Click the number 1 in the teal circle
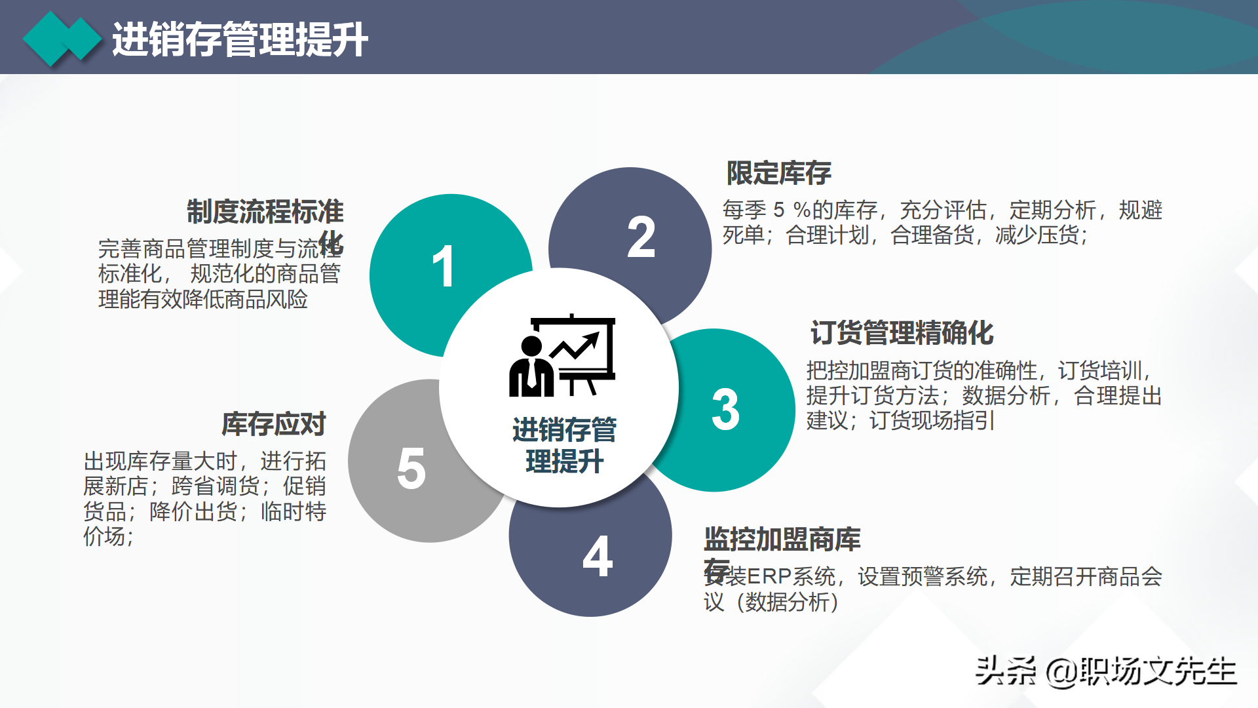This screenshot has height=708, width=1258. (x=444, y=266)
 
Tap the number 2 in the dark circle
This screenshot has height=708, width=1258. (x=641, y=237)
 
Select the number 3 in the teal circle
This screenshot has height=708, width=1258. (x=725, y=410)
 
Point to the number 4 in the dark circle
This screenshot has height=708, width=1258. (x=598, y=557)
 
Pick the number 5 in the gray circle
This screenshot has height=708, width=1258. (x=411, y=468)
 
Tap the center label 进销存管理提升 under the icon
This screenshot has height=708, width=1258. (x=564, y=445)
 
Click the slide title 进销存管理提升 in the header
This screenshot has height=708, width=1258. (x=240, y=39)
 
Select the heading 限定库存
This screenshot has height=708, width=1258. (x=779, y=173)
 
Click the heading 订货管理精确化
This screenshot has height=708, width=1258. (x=902, y=333)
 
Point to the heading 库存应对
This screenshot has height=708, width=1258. (x=274, y=424)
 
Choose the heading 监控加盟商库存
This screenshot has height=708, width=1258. (x=782, y=540)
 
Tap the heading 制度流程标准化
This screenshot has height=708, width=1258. (x=265, y=212)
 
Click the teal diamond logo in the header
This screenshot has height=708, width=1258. (x=62, y=39)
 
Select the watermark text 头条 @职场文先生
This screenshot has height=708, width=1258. (x=1105, y=671)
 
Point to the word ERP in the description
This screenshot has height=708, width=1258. (x=769, y=577)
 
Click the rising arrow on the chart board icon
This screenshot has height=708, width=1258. (x=577, y=345)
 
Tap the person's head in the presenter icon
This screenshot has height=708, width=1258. (x=531, y=345)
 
